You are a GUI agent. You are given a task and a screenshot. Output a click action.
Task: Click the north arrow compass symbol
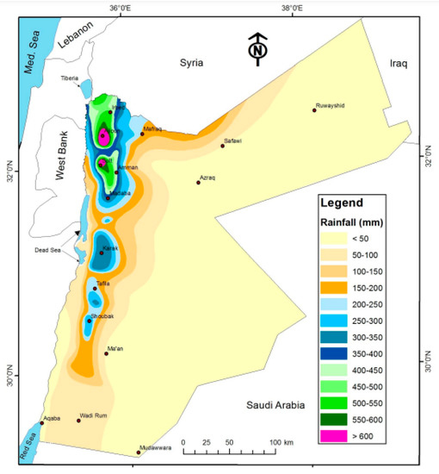point(256,49)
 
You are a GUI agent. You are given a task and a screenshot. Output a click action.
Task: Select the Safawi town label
point(234,140)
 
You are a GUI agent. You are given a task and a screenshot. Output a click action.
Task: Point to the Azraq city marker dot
point(198,182)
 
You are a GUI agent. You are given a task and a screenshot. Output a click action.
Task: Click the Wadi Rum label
point(92,415)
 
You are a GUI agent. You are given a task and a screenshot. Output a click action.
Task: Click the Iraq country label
point(396,63)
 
